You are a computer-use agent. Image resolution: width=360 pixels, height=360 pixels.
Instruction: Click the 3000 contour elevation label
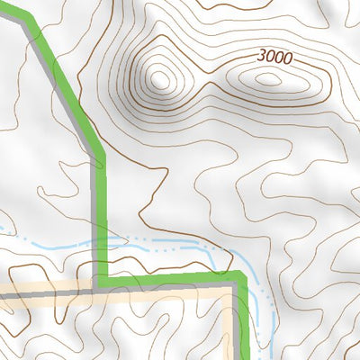tap(274, 57)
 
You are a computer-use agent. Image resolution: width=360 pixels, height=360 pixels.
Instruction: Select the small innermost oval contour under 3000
tap(267, 78)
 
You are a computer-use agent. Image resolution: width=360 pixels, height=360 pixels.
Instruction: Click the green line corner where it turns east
tap(103, 275)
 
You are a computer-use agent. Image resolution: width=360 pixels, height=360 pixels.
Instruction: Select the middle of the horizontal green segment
tap(171, 276)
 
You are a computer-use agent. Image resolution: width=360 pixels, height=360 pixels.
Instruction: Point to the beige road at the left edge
tap(3, 293)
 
